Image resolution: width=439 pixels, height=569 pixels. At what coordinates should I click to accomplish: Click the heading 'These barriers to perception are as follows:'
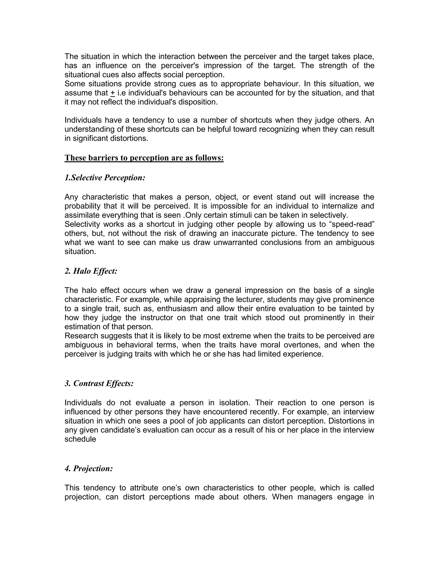(144, 158)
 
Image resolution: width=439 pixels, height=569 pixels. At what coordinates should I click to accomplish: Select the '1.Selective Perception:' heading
(105, 178)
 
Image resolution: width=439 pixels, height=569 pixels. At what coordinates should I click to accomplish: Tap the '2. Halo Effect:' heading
(91, 271)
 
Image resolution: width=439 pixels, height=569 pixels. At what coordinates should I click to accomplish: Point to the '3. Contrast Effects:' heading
(99, 383)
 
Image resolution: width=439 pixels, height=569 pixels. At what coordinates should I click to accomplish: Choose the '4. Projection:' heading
(89, 469)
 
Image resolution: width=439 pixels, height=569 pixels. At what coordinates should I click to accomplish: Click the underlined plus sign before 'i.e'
(112, 93)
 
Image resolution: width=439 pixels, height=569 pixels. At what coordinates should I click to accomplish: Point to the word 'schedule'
(80, 439)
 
